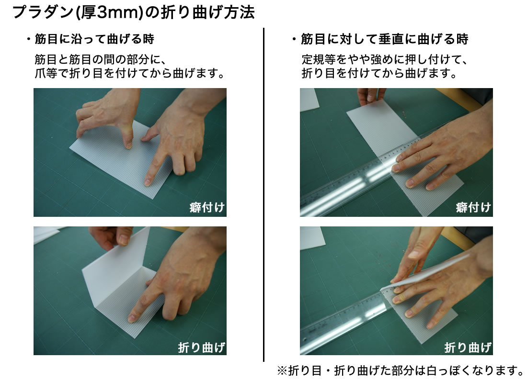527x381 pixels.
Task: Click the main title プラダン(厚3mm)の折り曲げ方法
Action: coord(134,12)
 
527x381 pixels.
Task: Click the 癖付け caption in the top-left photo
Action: coord(207,207)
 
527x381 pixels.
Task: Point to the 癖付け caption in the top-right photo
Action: coord(473,207)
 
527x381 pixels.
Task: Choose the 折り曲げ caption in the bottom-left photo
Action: coord(201,347)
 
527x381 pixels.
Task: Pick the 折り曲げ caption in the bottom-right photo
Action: coord(468,347)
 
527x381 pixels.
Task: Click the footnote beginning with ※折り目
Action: coord(401,370)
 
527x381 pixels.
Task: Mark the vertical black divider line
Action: coord(264,195)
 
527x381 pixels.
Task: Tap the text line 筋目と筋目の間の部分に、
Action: coord(100,59)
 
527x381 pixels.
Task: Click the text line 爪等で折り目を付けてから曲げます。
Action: coord(129,73)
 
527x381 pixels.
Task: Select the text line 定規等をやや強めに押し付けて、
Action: coord(384,59)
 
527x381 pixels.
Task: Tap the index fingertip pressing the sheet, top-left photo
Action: coord(148,182)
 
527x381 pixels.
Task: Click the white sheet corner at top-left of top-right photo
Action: coord(309,99)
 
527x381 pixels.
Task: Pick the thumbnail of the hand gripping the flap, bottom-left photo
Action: coord(123,239)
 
